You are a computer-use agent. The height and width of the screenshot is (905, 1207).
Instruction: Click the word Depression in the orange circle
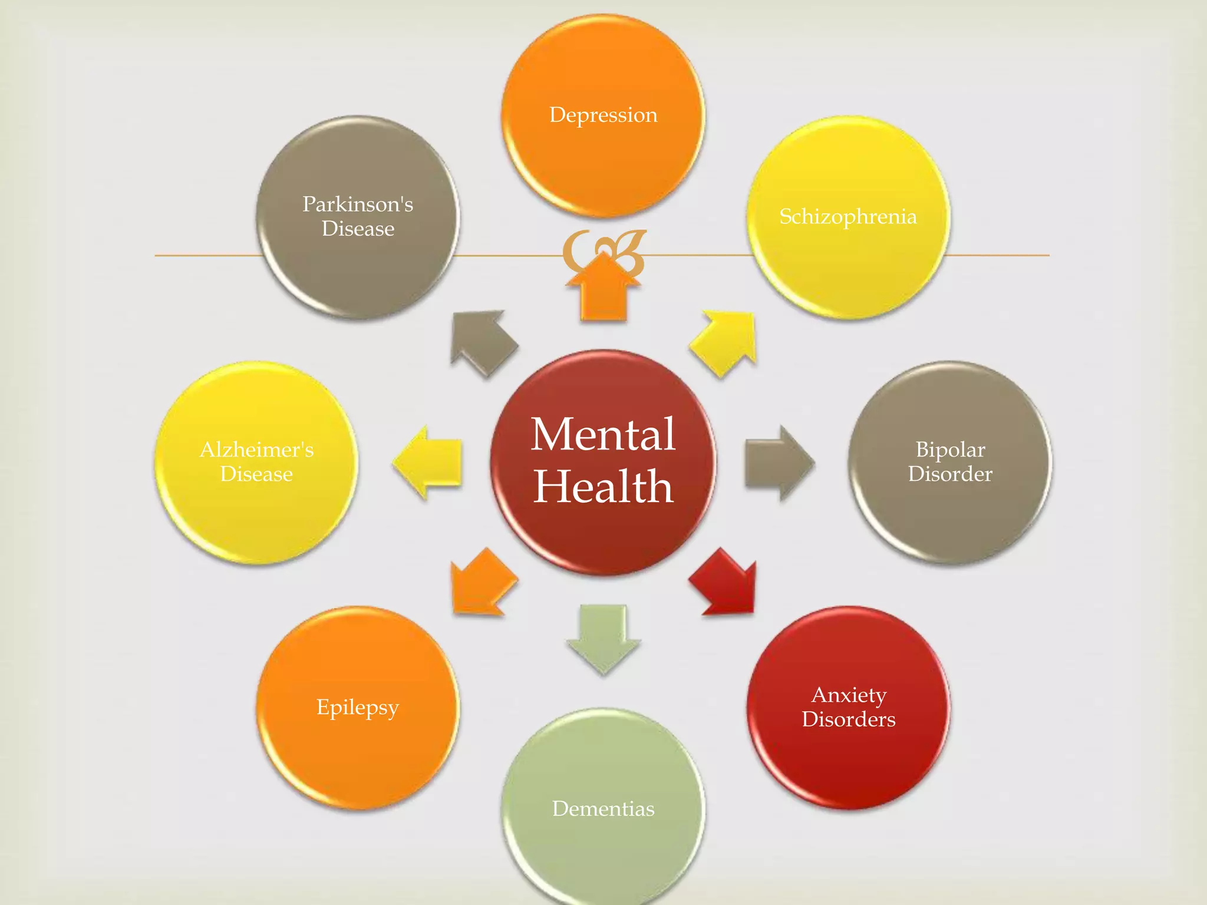[603, 115]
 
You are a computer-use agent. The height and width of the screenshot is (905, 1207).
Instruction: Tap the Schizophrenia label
[848, 216]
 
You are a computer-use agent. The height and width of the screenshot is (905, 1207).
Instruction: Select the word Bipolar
[950, 450]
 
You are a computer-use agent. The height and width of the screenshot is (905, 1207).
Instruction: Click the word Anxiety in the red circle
[849, 695]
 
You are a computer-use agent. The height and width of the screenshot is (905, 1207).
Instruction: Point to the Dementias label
[603, 808]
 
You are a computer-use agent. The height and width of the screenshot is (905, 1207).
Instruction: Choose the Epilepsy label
[358, 707]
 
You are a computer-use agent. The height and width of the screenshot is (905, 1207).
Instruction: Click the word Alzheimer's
[256, 450]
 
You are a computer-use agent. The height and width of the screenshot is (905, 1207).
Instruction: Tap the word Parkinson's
[358, 204]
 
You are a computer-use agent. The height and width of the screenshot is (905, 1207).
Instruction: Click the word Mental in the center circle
[603, 434]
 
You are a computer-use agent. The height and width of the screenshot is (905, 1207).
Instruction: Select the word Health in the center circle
[603, 487]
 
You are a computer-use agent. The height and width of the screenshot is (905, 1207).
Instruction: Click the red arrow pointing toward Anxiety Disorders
[724, 584]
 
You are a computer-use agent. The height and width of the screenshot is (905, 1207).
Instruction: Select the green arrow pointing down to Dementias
[603, 636]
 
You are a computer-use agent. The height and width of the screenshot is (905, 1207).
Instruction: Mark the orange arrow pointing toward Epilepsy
[482, 583]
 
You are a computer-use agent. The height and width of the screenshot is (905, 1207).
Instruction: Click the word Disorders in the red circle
[849, 719]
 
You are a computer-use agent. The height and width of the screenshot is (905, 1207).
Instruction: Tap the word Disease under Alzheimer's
[256, 474]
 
